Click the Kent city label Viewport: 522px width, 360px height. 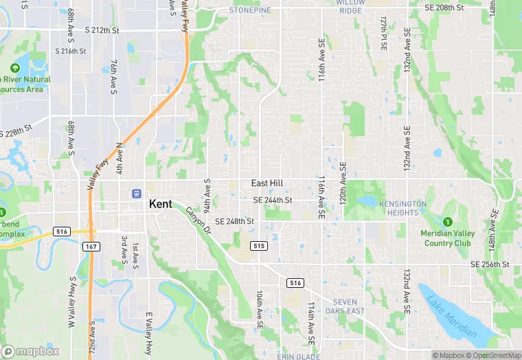pyautogui.click(x=161, y=204)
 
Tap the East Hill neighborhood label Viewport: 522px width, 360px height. pyautogui.click(x=268, y=183)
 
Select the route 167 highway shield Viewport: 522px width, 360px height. pyautogui.click(x=91, y=245)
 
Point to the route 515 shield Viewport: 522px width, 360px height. pyautogui.click(x=258, y=246)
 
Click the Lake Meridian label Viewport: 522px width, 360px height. pyautogui.click(x=452, y=315)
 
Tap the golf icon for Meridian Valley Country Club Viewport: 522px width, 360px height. pyautogui.click(x=448, y=222)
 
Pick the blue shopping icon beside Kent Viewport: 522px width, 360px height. pyautogui.click(x=137, y=194)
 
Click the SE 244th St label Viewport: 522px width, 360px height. pyautogui.click(x=273, y=200)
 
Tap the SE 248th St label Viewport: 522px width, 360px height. pyautogui.click(x=235, y=222)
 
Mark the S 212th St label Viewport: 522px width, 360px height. pyautogui.click(x=102, y=31)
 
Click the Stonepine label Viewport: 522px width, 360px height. pyautogui.click(x=250, y=10)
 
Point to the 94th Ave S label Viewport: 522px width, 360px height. pyautogui.click(x=206, y=194)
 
